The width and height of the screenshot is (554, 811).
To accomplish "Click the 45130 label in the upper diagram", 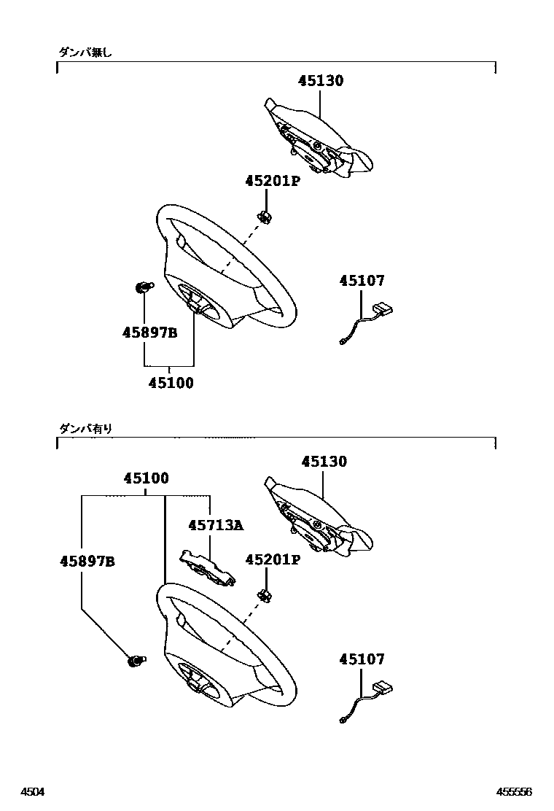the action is [x=320, y=81].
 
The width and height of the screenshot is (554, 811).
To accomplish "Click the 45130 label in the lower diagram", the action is [x=324, y=462].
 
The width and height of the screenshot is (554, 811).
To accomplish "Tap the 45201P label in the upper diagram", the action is [x=273, y=181].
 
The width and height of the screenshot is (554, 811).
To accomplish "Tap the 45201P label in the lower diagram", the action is [x=273, y=560].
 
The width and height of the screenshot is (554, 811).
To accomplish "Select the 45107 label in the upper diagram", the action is [x=362, y=281].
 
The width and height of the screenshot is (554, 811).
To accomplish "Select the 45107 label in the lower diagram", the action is [x=362, y=659].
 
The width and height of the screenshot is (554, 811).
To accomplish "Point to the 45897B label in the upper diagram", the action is [x=149, y=333].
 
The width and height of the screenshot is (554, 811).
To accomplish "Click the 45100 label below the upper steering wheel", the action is [x=171, y=382].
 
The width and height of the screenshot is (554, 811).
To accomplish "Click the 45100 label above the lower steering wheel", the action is [x=146, y=479].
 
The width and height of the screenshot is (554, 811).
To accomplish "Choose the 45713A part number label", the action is [x=215, y=525].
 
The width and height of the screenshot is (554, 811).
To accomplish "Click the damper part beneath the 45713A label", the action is [x=208, y=567].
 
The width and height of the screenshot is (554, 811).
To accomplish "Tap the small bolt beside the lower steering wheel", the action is [x=136, y=661].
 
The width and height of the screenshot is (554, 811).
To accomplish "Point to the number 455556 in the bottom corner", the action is [x=515, y=792].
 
